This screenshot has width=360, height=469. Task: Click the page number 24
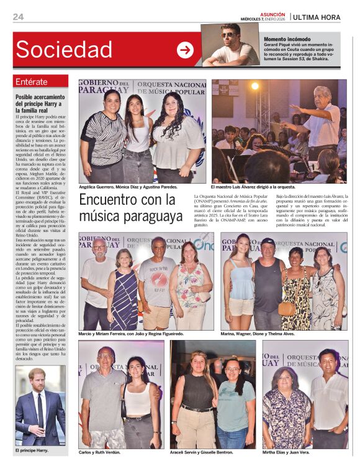(x=18, y=17)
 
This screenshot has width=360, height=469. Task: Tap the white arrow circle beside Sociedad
(x=185, y=50)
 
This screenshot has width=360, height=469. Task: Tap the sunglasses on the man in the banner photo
(x=228, y=35)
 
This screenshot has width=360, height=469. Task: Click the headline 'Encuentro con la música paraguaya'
(x=130, y=208)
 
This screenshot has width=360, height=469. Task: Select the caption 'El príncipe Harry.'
(x=31, y=450)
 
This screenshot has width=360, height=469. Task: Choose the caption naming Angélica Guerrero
(x=128, y=186)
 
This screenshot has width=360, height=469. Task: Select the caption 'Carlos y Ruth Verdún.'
(x=99, y=452)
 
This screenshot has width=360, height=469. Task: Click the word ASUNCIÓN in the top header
(x=272, y=14)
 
